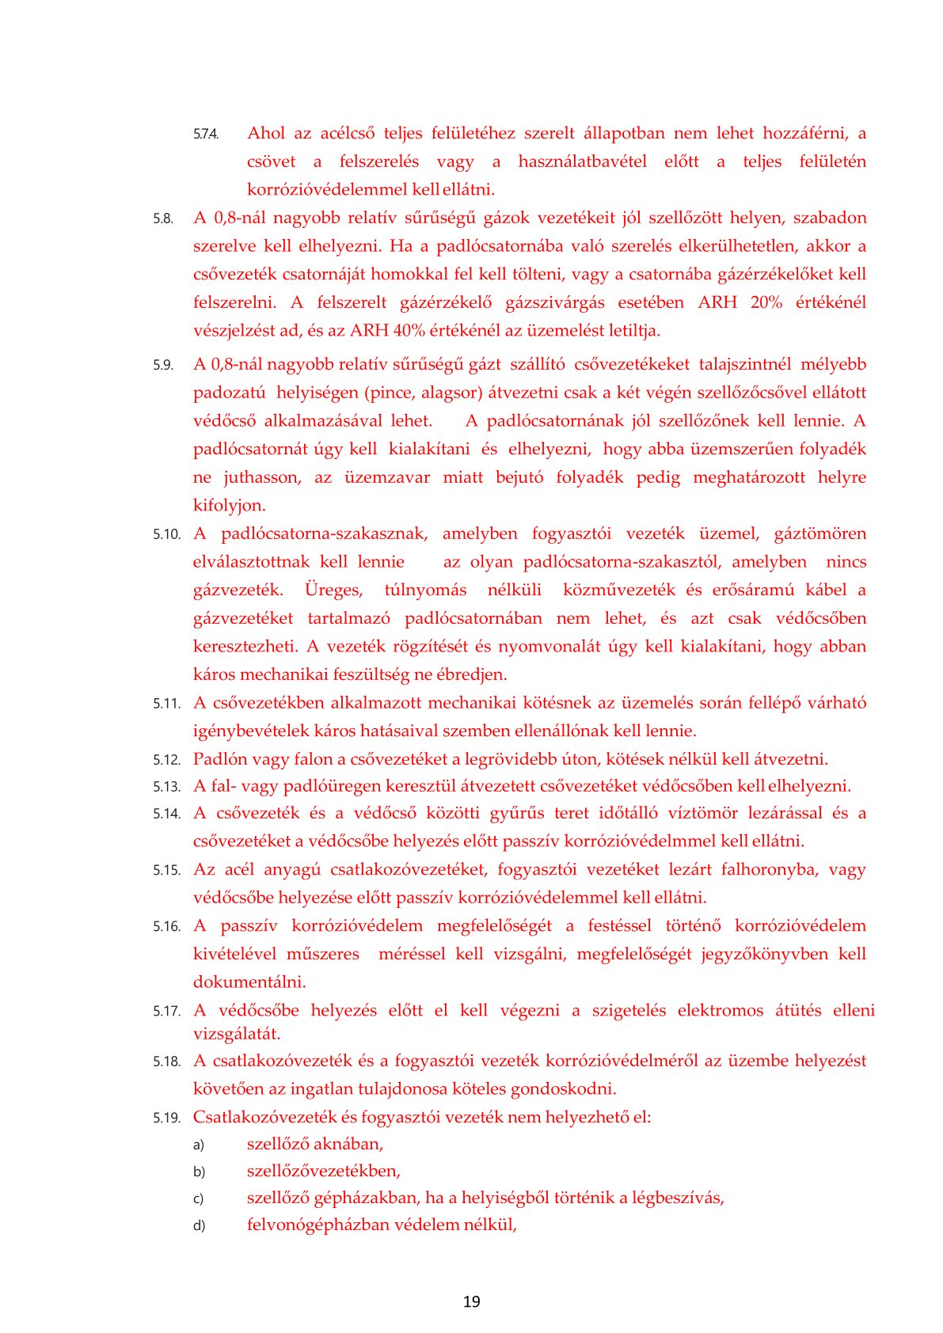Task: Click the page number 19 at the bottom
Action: coord(471,1301)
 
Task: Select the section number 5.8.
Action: coord(163,219)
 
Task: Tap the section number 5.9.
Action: coord(163,366)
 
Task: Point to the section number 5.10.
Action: coord(166,535)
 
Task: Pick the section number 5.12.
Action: coord(166,761)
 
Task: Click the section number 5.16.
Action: coord(166,927)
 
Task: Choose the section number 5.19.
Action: coord(166,1118)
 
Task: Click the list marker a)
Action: coord(199,1145)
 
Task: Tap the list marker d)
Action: coord(199,1226)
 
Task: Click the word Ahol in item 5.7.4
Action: coord(266,133)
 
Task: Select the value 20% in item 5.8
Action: coord(766,302)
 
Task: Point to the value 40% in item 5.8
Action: coord(409,330)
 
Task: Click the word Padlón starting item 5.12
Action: coord(219,759)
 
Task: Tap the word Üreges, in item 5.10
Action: coord(333,590)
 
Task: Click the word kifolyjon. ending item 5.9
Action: coord(230,505)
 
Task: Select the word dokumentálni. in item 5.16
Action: coord(249,982)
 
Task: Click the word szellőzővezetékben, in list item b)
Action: coord(324,1171)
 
